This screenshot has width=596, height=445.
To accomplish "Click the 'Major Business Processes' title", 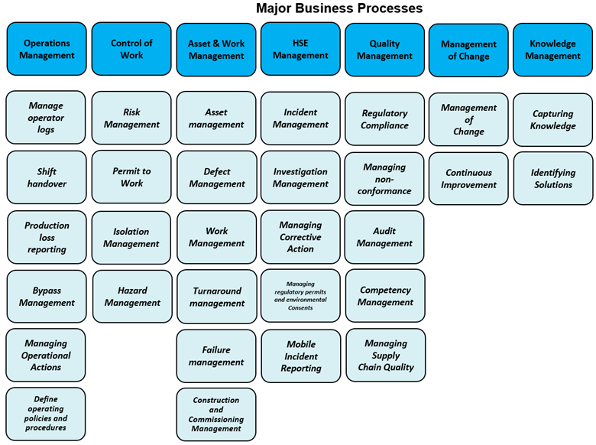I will (x=338, y=9).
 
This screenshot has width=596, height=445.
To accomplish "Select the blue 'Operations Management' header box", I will (x=47, y=49).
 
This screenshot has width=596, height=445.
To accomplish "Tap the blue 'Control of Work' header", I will (x=131, y=49).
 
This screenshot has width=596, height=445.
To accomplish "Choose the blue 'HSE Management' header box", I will (x=300, y=49).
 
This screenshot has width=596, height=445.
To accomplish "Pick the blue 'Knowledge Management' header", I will (x=552, y=50).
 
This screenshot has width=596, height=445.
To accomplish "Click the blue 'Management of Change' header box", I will (x=468, y=50).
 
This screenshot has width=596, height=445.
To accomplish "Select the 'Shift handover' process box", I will (x=47, y=177).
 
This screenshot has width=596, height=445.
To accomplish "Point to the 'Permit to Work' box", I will (x=131, y=177).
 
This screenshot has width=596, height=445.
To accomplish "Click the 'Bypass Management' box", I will (x=47, y=297).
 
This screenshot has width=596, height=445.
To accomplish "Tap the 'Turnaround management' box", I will (x=216, y=297).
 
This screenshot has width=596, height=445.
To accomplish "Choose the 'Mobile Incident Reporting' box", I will (x=300, y=356).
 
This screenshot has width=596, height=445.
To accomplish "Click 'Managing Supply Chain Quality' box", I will (x=385, y=356).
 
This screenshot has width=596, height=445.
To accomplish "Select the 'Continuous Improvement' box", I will (x=468, y=178).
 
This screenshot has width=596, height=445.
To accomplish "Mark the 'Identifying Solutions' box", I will (x=552, y=178).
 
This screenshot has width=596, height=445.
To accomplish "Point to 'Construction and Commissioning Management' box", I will (x=216, y=414).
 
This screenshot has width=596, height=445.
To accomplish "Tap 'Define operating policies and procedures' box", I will (x=46, y=414).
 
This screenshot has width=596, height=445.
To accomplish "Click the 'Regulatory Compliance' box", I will (x=384, y=119).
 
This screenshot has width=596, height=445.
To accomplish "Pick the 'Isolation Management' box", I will (x=131, y=238).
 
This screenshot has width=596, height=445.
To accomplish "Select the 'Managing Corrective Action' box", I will (x=300, y=237).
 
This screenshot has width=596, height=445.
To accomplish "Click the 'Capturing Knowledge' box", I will (x=552, y=119).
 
